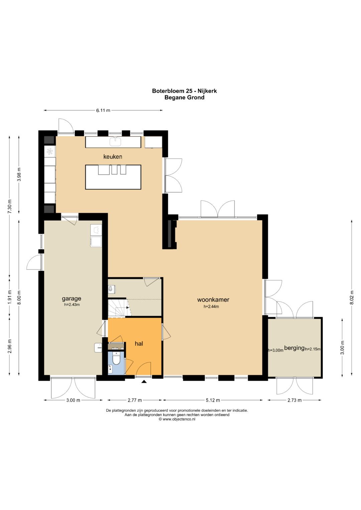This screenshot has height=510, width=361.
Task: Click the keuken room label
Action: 113,157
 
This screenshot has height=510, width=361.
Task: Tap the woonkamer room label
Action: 213,300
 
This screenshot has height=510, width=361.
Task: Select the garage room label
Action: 72,299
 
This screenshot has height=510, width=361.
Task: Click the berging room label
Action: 294,348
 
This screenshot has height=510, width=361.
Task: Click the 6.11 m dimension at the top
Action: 103,111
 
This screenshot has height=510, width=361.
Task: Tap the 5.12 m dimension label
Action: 213,400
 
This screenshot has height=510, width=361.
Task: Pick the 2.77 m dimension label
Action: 135,400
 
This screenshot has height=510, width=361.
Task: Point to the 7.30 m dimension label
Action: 10,206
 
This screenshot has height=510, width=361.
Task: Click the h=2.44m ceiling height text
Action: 211,307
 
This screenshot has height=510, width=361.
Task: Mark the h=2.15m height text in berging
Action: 313,349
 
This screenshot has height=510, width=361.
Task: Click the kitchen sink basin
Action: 115,141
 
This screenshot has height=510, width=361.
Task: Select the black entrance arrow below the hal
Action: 144,382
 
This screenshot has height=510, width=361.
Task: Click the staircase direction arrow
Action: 128,307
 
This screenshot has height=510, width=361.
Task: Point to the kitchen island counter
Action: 113,177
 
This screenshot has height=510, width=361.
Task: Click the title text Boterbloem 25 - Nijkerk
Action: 185,91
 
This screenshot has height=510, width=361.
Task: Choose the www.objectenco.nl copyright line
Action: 177,419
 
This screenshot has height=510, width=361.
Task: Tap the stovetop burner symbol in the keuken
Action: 49,151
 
